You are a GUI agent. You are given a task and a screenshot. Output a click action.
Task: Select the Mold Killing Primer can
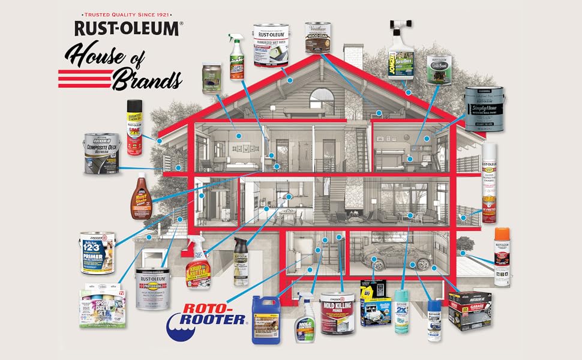coord(340,312)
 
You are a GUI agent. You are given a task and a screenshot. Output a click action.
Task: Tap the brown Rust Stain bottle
coord(139,196)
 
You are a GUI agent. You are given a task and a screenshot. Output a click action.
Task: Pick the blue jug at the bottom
coord(266,319)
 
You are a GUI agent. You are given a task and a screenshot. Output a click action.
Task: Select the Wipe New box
coord(376,307)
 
